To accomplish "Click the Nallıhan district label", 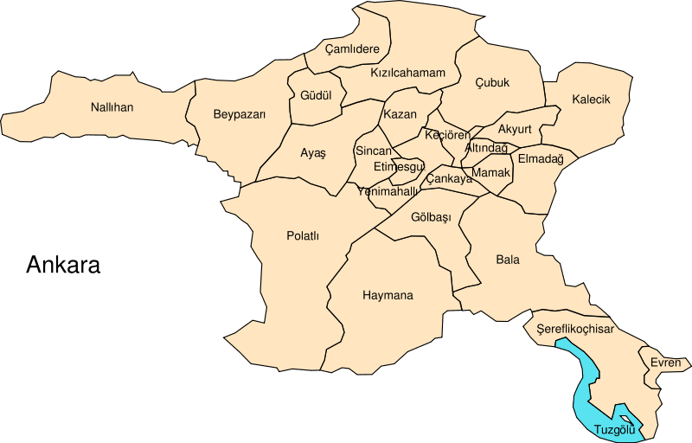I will (x=112, y=108).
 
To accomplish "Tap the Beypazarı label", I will (x=239, y=114).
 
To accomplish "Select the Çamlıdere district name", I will (x=352, y=49).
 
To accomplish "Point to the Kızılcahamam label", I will (x=407, y=73).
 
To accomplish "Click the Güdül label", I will (x=316, y=95).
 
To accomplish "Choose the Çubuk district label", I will (x=492, y=83).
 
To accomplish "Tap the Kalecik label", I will (x=591, y=100).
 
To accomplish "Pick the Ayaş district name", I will (x=313, y=153).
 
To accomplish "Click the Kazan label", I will (x=400, y=114).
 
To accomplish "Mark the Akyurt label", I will (x=515, y=130).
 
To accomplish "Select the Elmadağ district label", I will (x=541, y=158).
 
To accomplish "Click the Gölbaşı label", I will (x=432, y=217).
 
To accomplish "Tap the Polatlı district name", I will (x=303, y=235).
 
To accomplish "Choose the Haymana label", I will (x=388, y=295).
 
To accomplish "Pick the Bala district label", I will (x=508, y=259).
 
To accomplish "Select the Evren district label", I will (x=666, y=363).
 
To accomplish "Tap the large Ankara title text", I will (x=63, y=265).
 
